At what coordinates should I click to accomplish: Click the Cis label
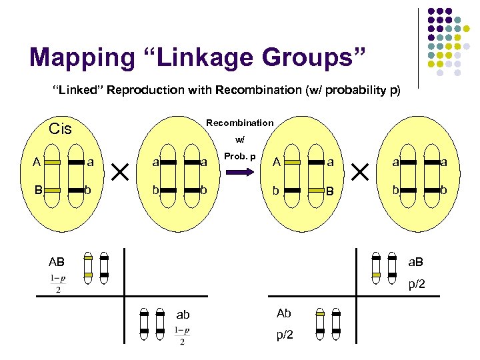(x=61, y=129)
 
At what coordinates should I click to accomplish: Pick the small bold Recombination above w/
(x=239, y=123)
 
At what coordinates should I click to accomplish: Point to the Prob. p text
(x=240, y=155)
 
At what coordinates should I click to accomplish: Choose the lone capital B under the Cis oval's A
(x=39, y=190)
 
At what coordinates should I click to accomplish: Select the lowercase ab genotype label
(x=183, y=315)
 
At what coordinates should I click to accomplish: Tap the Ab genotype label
(x=283, y=313)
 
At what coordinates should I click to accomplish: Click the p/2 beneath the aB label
(x=417, y=285)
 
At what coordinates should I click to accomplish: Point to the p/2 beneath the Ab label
(x=284, y=335)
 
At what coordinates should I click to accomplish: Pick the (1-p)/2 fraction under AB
(x=58, y=283)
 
